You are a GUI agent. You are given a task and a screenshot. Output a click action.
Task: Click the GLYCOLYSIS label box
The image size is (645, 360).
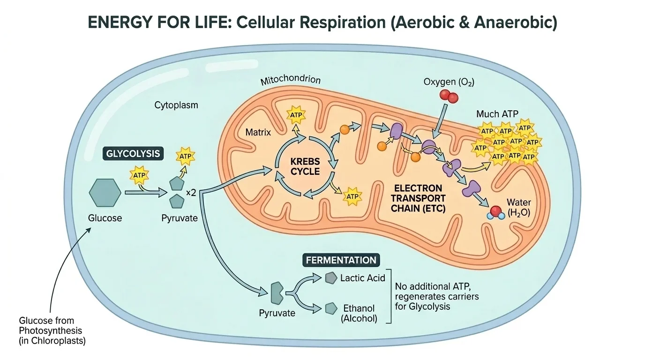134,153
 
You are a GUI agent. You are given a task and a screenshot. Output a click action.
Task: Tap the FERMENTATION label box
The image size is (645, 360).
341,260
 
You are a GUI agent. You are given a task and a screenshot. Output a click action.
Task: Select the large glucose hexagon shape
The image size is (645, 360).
105,193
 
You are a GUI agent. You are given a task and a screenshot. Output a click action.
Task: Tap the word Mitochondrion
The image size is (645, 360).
290,80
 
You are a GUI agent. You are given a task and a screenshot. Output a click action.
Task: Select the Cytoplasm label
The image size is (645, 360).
176,105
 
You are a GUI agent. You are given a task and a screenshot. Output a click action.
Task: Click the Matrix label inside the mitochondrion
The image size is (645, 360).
258,132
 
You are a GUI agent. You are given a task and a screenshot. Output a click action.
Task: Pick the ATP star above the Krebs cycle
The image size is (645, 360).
296,115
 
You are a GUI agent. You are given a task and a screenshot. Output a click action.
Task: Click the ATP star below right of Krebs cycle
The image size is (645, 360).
352,195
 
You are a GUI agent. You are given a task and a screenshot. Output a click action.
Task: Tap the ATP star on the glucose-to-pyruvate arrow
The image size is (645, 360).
140,175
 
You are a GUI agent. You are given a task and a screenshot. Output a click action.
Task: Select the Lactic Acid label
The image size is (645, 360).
363,278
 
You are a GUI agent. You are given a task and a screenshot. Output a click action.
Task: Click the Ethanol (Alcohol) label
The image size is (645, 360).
359,314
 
